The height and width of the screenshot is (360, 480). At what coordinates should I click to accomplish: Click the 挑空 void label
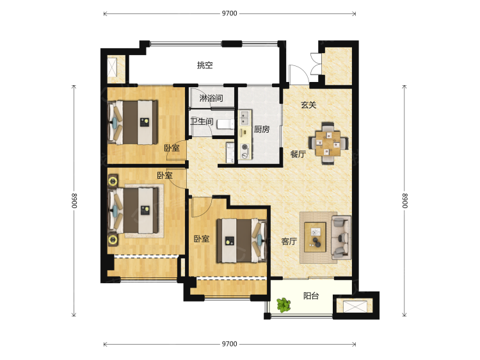(205, 65)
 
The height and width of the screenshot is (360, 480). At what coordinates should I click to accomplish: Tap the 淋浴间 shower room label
(211, 99)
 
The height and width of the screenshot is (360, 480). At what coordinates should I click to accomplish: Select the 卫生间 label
(202, 122)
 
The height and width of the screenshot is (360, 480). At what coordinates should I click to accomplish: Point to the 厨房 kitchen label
(262, 129)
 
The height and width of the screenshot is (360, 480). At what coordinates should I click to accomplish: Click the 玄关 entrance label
(308, 105)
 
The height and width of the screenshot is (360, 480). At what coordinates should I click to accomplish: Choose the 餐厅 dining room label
(298, 154)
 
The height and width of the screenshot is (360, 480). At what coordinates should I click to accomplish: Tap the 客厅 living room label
(289, 241)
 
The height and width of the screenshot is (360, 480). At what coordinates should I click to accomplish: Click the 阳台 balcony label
(311, 296)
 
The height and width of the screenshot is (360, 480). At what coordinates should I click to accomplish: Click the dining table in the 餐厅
(328, 143)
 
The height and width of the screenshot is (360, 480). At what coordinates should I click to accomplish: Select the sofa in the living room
(341, 238)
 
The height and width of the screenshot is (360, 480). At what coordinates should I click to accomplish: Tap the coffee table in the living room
(315, 238)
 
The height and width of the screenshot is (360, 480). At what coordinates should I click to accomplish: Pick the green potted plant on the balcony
(284, 305)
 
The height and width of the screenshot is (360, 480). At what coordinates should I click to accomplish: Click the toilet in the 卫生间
(225, 124)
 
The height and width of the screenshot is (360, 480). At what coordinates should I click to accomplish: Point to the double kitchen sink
(244, 119)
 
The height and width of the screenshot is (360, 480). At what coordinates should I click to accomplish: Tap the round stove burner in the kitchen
(244, 147)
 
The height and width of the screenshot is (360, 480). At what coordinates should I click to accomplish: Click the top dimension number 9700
(230, 13)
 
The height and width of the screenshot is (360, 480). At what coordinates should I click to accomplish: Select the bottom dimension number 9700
(230, 344)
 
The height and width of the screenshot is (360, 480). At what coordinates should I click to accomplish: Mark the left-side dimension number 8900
(74, 200)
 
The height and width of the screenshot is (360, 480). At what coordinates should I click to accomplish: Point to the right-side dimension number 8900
(404, 200)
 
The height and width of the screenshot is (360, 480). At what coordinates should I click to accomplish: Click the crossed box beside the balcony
(355, 306)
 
